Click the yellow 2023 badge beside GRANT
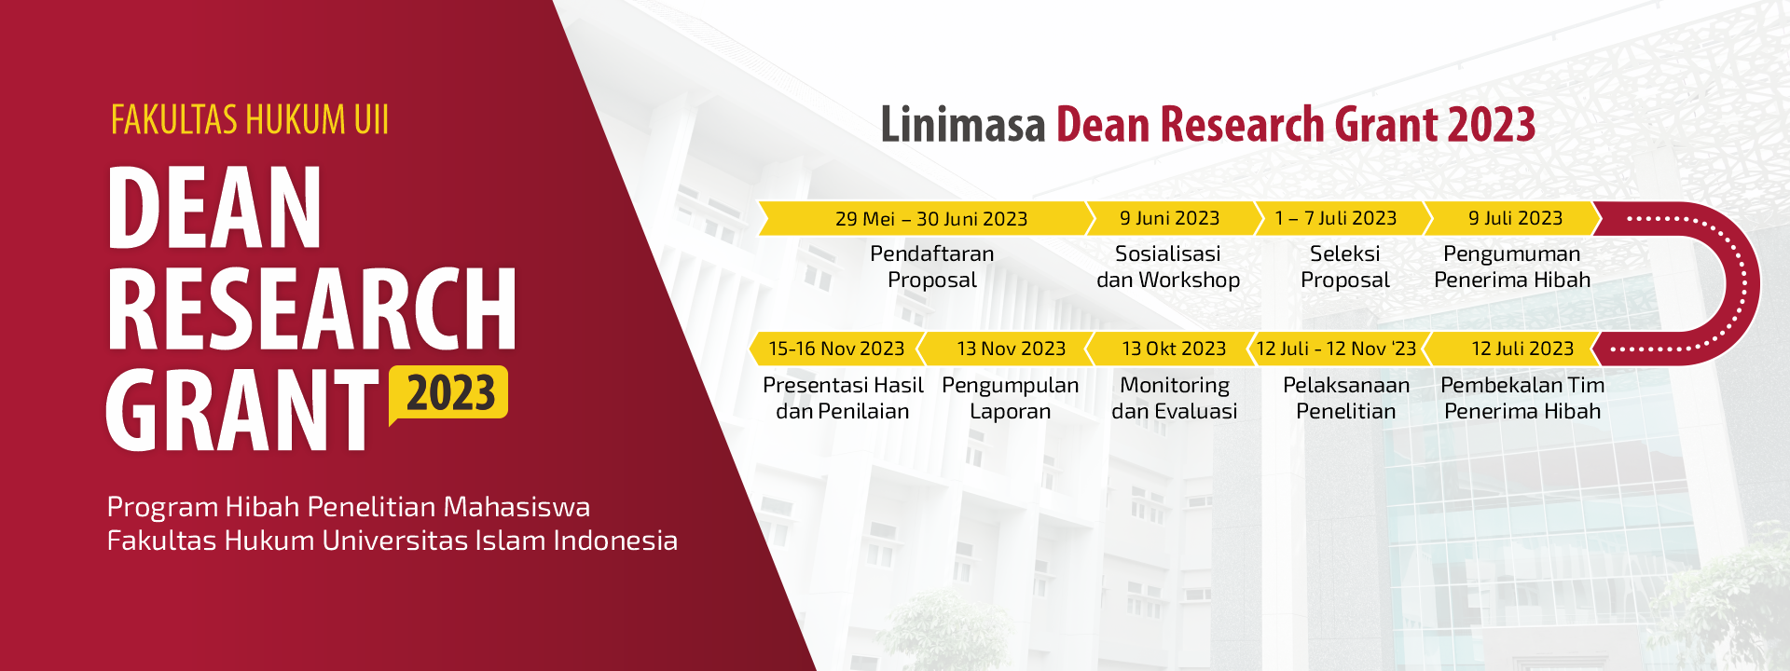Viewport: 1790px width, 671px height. pos(448,393)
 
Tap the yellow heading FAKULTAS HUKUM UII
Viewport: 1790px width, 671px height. pos(250,120)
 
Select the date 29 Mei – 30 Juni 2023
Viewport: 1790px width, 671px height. pos(931,219)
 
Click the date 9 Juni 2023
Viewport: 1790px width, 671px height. pos(1169,218)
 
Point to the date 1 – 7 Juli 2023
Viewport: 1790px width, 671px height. pos(1335,218)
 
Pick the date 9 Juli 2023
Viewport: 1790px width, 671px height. pos(1515,218)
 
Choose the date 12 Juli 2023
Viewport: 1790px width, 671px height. pos(1522,349)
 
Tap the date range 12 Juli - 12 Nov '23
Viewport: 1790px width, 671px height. pos(1336,349)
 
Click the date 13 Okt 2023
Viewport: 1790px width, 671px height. pos(1174,349)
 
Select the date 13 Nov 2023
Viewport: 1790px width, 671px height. pos(1011,349)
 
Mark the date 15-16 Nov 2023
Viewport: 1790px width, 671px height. pos(836,349)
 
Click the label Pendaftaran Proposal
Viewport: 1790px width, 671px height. pos(932,267)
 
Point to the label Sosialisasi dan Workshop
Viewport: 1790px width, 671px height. pos(1168,267)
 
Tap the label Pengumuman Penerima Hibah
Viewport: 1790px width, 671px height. pos(1512,267)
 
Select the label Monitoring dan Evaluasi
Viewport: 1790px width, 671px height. pos(1175,398)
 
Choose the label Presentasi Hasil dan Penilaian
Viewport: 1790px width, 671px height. pos(843,398)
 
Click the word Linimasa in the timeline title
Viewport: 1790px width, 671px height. pos(963,125)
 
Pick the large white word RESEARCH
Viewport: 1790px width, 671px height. pos(311,308)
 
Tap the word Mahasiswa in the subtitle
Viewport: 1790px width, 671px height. pos(516,507)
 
